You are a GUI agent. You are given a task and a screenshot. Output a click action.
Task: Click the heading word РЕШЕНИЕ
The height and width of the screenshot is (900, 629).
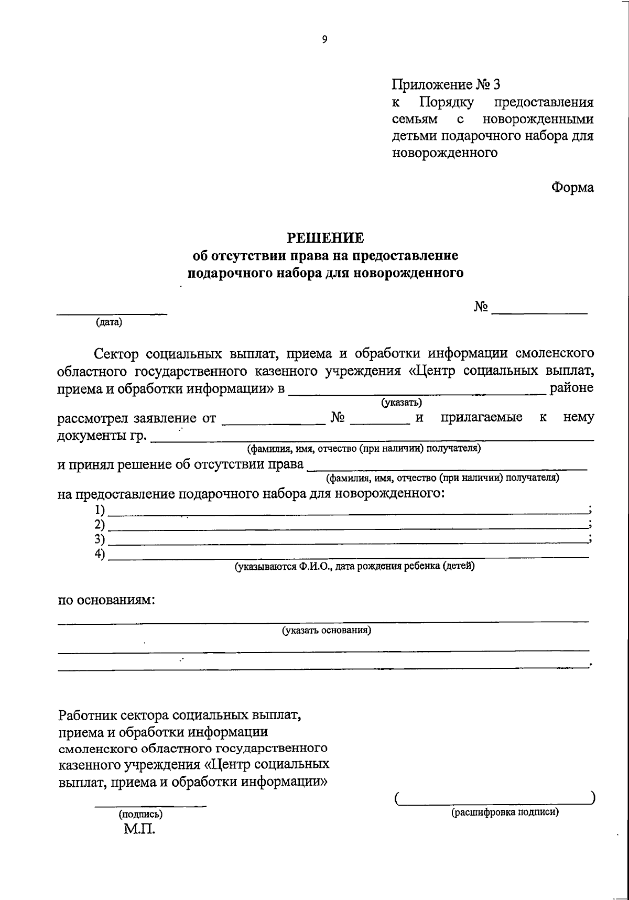click(x=325, y=238)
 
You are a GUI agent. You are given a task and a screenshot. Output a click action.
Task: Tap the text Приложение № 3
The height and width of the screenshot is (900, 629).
click(x=447, y=84)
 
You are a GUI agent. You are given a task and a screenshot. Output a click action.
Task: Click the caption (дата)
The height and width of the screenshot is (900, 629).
click(x=109, y=322)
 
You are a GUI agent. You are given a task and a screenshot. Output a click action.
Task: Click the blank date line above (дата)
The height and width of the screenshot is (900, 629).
click(x=112, y=313)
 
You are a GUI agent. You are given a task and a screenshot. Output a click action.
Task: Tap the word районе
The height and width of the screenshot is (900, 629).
click(x=571, y=388)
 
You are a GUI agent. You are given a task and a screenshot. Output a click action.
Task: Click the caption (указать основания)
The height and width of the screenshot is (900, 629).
click(x=327, y=630)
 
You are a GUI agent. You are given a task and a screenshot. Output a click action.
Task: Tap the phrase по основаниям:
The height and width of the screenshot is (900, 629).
click(x=106, y=600)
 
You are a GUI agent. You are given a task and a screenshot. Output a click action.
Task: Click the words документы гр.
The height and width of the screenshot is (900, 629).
click(x=102, y=436)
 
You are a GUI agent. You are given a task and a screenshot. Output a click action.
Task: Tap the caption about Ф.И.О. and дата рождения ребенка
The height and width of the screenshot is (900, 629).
click(x=354, y=566)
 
